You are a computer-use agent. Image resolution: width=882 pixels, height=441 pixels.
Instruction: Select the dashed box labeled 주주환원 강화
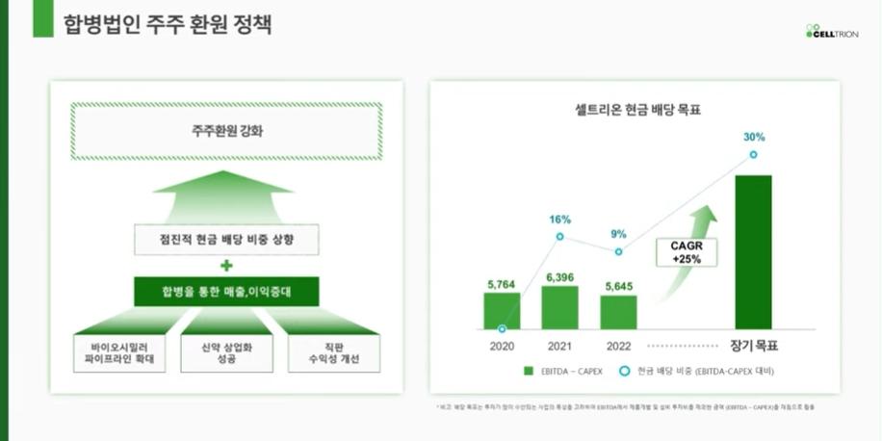(226, 131)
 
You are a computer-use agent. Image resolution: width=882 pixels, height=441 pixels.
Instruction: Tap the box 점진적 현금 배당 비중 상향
(226, 239)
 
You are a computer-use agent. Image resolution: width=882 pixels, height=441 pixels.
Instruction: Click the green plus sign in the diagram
(226, 265)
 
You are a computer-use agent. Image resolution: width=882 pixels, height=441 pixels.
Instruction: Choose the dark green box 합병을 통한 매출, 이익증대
(226, 291)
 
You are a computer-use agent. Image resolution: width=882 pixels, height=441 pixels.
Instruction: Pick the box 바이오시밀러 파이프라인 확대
(119, 354)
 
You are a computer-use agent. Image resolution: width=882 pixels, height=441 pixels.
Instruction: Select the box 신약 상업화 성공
(227, 354)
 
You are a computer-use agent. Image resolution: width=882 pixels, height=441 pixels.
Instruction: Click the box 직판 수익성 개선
(333, 354)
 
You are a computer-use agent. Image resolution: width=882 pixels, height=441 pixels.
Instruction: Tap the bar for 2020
(502, 311)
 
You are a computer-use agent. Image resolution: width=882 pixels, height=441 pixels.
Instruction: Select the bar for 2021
(559, 307)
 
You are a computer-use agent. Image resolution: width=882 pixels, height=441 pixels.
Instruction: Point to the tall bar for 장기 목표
(753, 252)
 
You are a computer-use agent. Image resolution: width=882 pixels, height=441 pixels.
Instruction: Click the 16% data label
(559, 220)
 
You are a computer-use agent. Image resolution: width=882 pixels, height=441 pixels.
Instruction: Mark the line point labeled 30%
(753, 154)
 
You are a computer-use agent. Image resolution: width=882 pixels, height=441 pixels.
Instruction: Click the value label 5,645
(618, 286)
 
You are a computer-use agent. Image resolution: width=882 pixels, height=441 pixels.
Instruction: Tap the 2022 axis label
(618, 345)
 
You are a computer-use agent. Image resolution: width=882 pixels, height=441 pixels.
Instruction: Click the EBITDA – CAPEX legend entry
(566, 371)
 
